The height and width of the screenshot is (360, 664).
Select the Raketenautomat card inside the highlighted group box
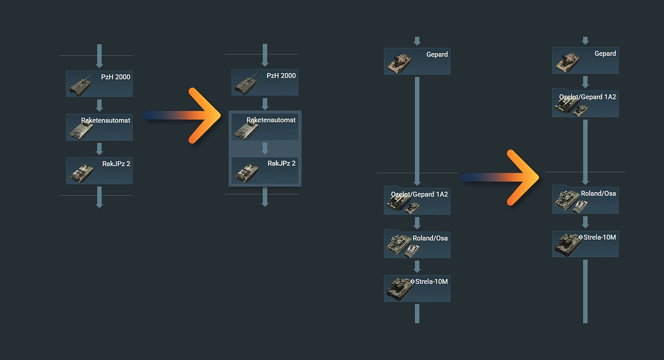click(265, 126)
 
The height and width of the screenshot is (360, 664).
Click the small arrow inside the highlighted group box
click(265, 148)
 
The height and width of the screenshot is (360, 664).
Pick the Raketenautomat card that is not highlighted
click(99, 127)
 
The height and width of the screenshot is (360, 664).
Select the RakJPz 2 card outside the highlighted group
click(99, 170)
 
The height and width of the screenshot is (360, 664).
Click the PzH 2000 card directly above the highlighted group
click(265, 83)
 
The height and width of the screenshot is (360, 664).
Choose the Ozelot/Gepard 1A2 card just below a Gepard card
click(586, 104)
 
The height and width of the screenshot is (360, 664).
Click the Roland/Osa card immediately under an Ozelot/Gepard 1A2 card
click(417, 244)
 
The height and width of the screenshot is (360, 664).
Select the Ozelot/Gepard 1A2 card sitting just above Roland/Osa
click(417, 201)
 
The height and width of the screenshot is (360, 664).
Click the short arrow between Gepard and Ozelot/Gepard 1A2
click(586, 82)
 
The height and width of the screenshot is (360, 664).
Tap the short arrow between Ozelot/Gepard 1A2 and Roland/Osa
click(418, 223)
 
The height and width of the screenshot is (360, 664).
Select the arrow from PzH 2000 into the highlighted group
click(265, 104)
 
